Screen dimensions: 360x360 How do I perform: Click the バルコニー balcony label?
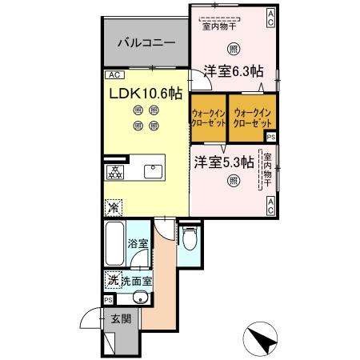(143, 43)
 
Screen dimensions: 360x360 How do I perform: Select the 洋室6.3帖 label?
(232, 70)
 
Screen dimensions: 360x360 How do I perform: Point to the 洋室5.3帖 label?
(223, 161)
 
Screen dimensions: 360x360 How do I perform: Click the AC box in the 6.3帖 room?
(271, 18)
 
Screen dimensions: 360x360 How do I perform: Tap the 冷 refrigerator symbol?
(114, 206)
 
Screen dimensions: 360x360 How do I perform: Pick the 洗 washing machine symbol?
(114, 281)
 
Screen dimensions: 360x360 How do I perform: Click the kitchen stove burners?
(116, 171)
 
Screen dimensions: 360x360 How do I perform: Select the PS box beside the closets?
(272, 137)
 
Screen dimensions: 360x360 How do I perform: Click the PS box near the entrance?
(108, 300)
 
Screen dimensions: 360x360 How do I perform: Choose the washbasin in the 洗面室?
(140, 299)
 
